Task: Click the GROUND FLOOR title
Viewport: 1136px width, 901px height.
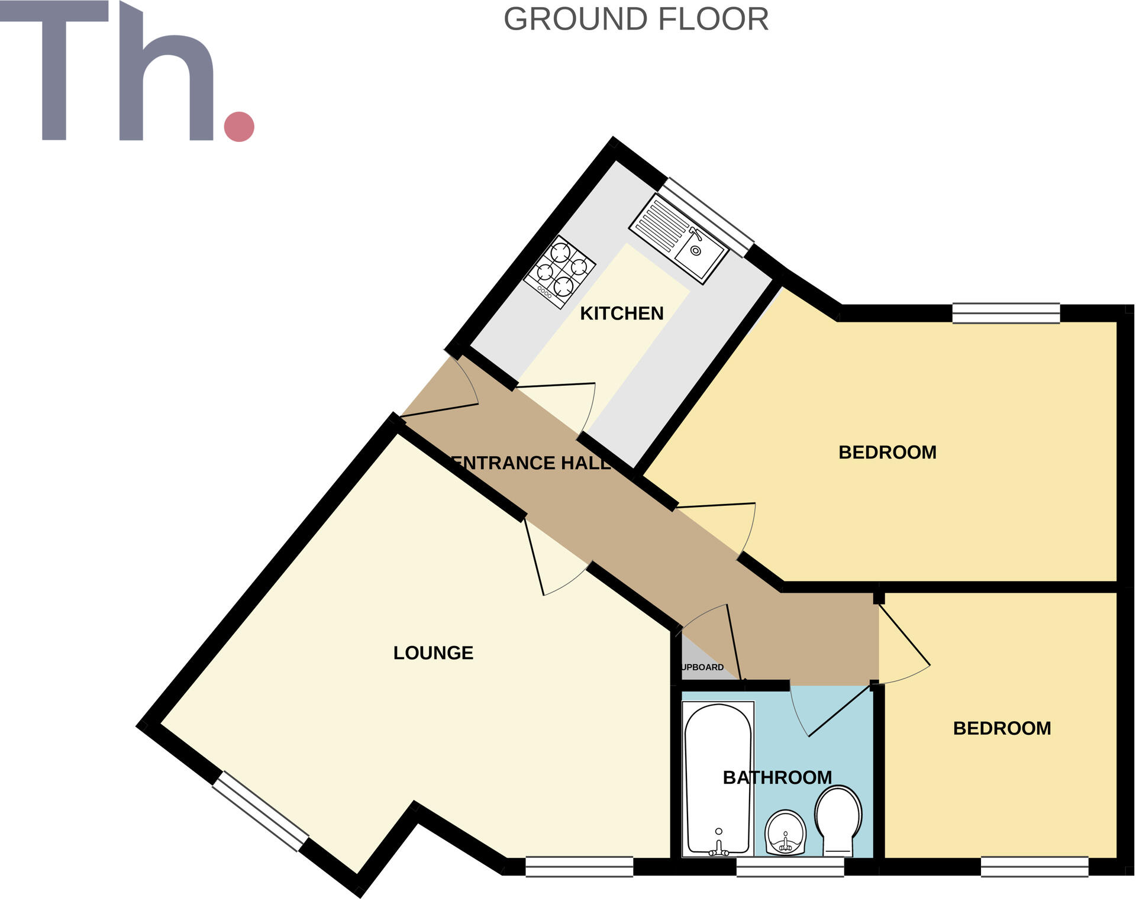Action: (635, 20)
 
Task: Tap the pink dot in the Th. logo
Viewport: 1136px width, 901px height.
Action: (239, 127)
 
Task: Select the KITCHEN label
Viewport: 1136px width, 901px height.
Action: (621, 314)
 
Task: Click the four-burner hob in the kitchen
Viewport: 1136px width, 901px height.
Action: (560, 272)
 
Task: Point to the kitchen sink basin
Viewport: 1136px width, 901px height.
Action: (699, 253)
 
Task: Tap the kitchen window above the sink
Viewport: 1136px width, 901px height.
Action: (706, 217)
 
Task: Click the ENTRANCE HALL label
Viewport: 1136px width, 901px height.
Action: (531, 463)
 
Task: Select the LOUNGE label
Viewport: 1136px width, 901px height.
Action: (433, 653)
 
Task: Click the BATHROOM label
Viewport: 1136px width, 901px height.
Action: (777, 777)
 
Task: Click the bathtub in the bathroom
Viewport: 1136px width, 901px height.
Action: (718, 775)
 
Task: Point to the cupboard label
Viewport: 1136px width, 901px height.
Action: (702, 667)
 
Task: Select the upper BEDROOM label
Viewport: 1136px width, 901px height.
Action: (887, 453)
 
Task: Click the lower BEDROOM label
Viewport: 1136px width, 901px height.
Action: (1002, 728)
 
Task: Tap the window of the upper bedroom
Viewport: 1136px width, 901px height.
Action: (1006, 313)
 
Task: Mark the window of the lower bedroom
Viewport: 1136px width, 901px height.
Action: (1034, 867)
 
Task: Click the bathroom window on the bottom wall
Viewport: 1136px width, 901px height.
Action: (790, 867)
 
